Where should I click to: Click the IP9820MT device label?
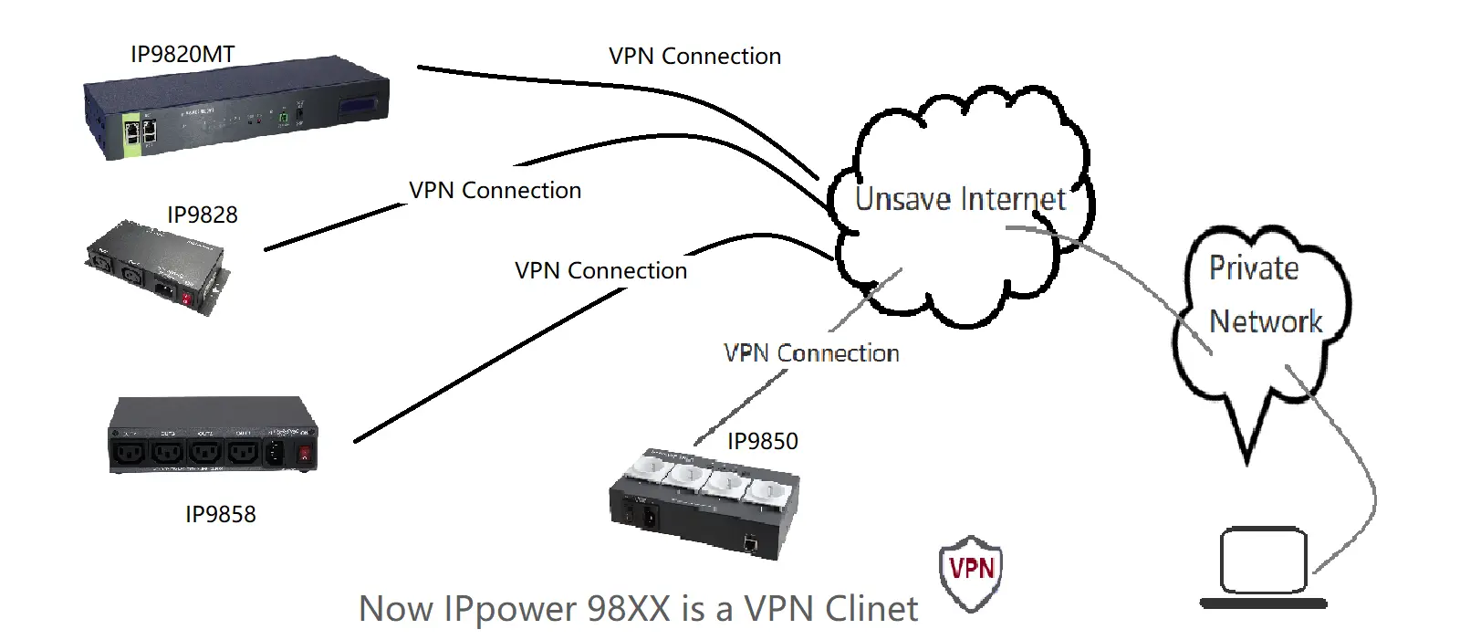pyautogui.click(x=182, y=54)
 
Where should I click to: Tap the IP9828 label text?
pyautogui.click(x=202, y=215)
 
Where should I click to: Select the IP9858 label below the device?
pyautogui.click(x=220, y=514)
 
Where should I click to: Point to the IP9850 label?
pyautogui.click(x=762, y=441)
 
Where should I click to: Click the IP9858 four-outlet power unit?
pyautogui.click(x=213, y=435)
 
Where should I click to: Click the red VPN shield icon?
pyautogui.click(x=971, y=571)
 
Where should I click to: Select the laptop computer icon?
pyautogui.click(x=1264, y=566)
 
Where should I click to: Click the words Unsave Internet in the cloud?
pyautogui.click(x=960, y=199)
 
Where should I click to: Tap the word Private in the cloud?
pyautogui.click(x=1253, y=268)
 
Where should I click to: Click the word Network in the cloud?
pyautogui.click(x=1265, y=321)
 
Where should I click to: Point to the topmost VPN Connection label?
pyautogui.click(x=694, y=56)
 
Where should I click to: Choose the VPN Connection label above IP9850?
pyautogui.click(x=811, y=353)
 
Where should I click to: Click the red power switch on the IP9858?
pyautogui.click(x=304, y=452)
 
